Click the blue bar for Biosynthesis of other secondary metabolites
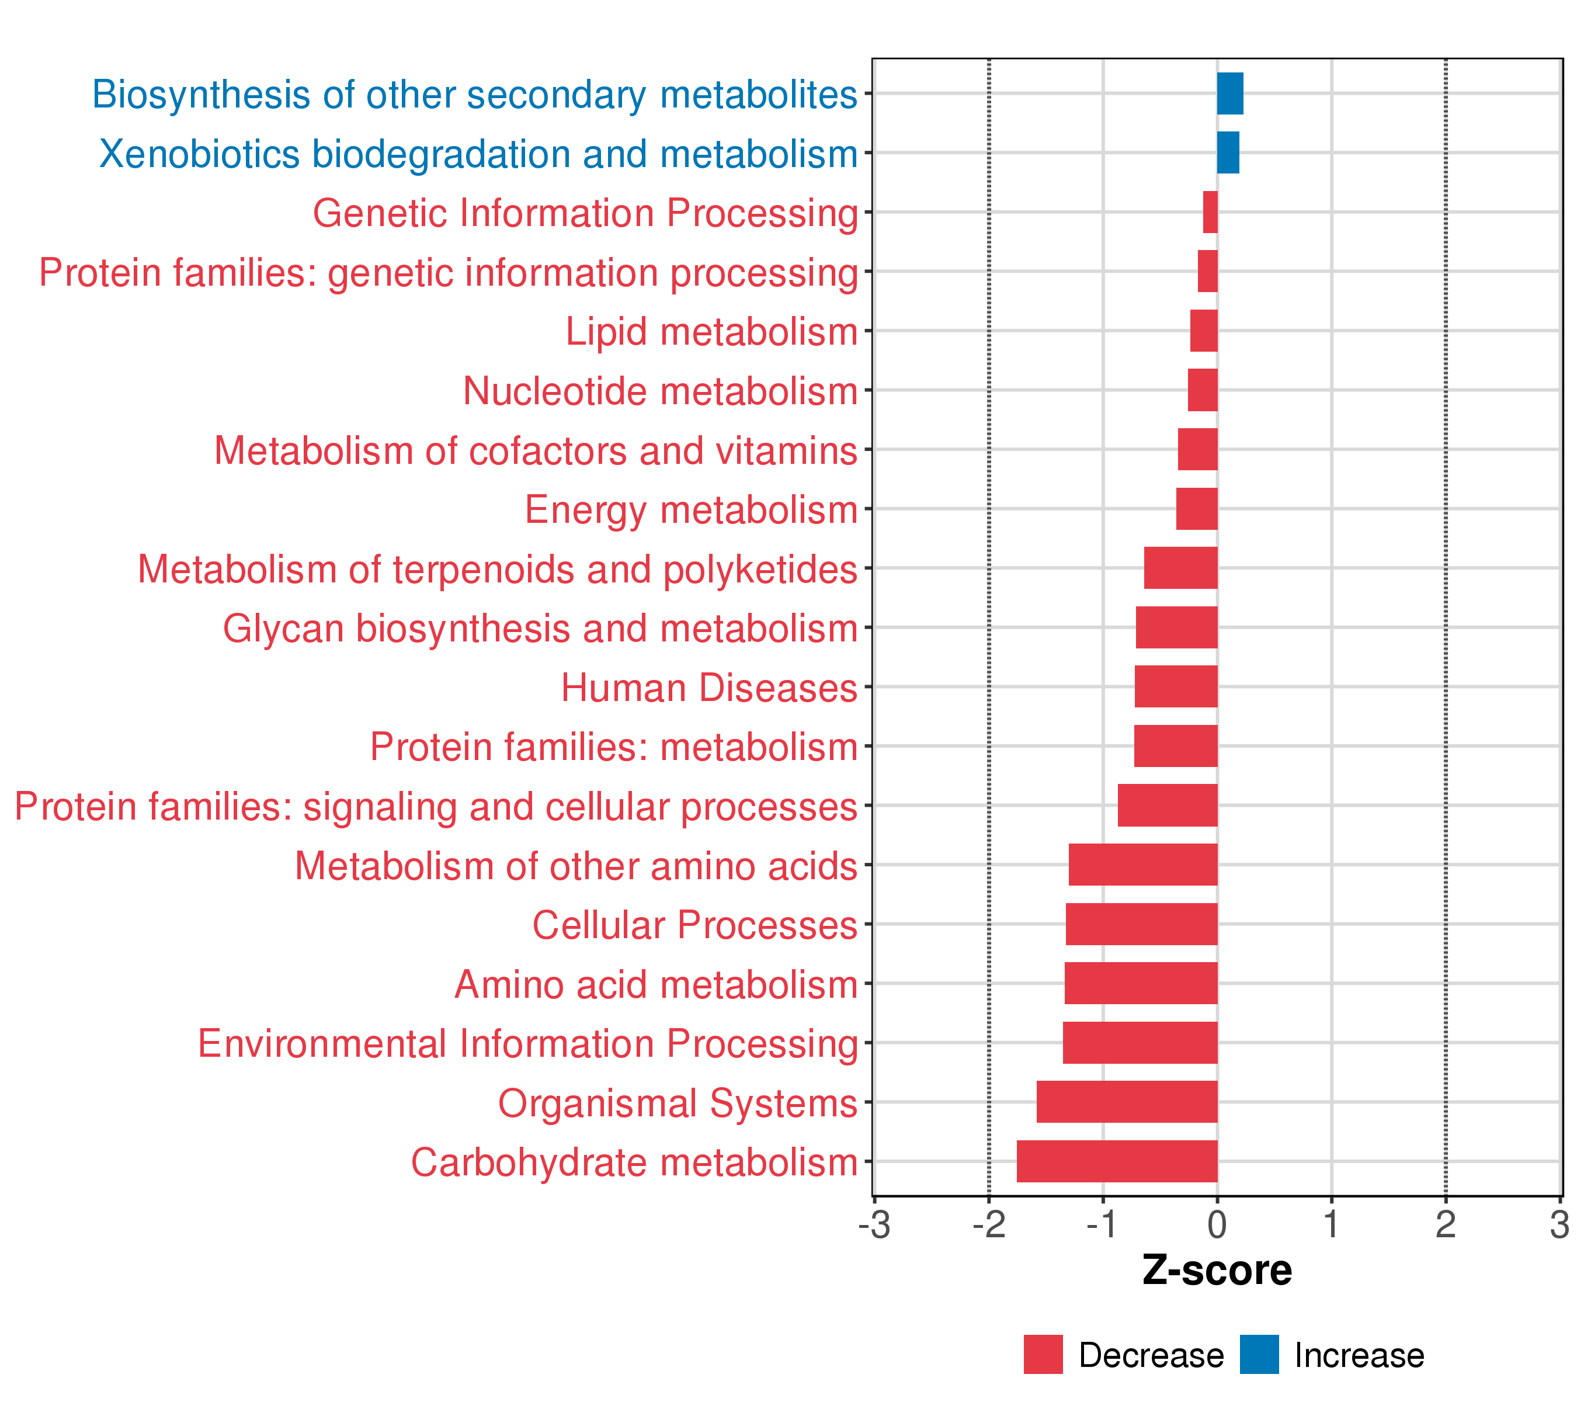coord(1230,93)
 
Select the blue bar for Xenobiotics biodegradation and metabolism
coord(1228,153)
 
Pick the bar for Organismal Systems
coord(1127,1102)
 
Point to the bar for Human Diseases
coord(1176,687)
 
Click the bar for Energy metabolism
coord(1197,508)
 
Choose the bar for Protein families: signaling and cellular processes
coord(1168,805)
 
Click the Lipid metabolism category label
coord(711,332)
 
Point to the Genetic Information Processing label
coord(585,213)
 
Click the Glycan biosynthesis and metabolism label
coord(540,628)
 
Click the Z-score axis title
coord(1217,1271)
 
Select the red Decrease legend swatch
coord(1043,1355)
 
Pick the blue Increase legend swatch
coord(1259,1355)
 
